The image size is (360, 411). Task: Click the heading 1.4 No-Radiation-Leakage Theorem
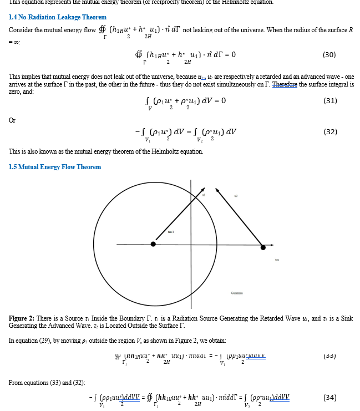pos(50,17)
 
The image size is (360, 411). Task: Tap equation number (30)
pos(329,55)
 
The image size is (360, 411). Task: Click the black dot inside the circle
pos(154,243)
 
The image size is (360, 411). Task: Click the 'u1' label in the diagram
pos(204,195)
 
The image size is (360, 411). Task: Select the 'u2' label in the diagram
pos(236,195)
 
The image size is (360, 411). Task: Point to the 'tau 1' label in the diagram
pos(171,231)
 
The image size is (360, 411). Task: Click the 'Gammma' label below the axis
pos(237,293)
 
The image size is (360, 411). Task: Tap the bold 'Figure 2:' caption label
pos(23,318)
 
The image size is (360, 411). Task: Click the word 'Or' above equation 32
pos(12,120)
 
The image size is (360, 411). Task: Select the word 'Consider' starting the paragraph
pos(21,29)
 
